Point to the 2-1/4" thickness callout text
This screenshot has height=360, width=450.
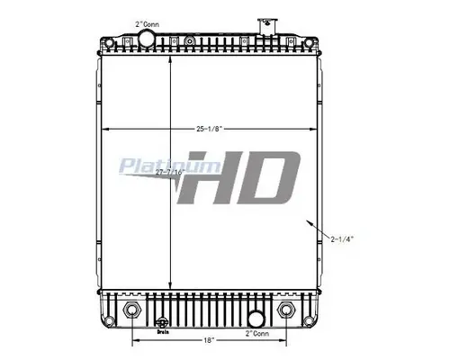tap(343, 238)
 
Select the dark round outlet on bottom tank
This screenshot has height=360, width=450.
tap(255, 318)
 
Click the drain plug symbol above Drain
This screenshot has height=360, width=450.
tap(163, 321)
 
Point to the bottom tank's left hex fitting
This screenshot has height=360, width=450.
tap(133, 310)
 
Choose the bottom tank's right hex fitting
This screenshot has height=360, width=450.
tap(288, 310)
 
